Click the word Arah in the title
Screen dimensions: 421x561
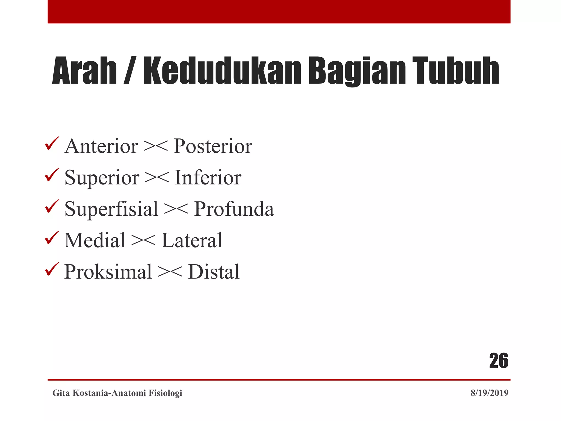coord(84,70)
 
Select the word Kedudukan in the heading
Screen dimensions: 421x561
coord(222,70)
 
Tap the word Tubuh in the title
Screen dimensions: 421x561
coord(456,70)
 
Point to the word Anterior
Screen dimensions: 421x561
coord(101,146)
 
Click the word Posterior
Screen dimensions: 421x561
coord(213,146)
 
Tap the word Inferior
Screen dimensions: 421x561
coord(208,178)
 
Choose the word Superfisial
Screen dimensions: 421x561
coord(111,209)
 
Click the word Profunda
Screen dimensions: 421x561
coord(234,209)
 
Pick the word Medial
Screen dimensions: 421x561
coord(95,240)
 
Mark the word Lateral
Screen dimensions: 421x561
coord(192,240)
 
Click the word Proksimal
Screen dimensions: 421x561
coord(108,272)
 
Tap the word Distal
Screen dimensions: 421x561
coord(214,272)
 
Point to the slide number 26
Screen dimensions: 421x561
coord(499,361)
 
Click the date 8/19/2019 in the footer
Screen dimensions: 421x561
coord(489,393)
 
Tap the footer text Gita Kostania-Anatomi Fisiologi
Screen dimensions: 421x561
coord(117,393)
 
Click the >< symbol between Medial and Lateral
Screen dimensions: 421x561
coord(143,240)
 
